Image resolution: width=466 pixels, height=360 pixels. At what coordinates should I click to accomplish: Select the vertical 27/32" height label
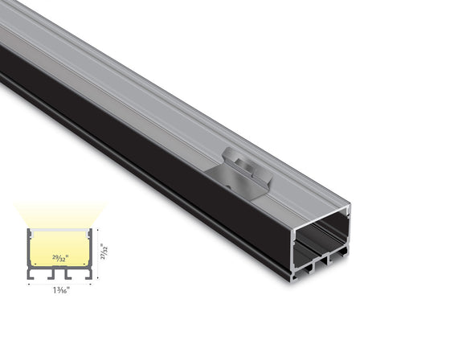click(104, 249)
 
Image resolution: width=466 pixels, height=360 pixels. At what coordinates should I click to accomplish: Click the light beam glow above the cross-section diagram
click(61, 215)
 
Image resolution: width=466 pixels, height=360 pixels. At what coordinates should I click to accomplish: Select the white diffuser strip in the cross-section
click(61, 231)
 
